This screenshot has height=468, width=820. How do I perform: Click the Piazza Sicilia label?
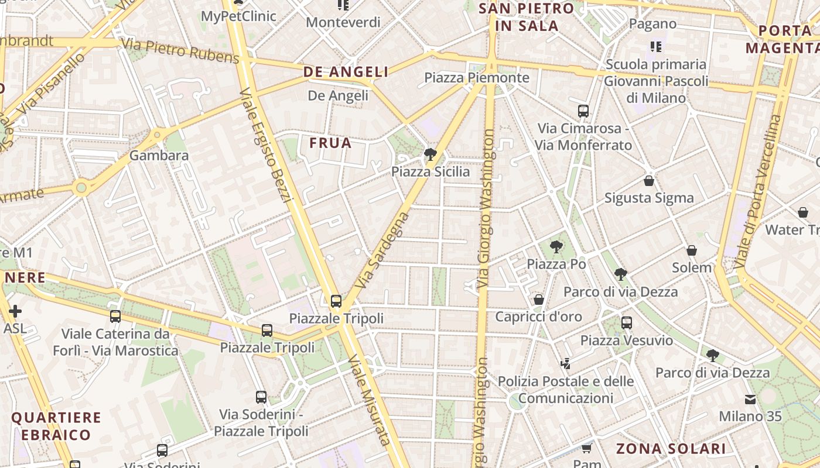point(430,172)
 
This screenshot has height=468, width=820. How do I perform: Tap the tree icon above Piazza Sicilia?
point(430,154)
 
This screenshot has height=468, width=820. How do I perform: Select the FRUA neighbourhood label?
point(330,143)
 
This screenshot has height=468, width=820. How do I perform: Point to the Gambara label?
point(159,156)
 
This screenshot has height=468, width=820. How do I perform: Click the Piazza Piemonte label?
point(476,78)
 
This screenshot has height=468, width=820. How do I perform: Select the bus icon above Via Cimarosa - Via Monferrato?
point(583,111)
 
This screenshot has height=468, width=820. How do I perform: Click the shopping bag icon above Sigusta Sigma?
point(648,181)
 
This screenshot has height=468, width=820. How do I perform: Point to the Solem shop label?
point(692,268)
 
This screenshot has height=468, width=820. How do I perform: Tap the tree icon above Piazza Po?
point(556,247)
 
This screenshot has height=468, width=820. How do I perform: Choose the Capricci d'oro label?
point(538,317)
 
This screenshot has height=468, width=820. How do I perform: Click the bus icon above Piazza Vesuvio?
point(627,322)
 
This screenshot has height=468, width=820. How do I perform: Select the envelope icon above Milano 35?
point(750,400)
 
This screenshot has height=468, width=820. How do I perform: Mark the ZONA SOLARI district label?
point(671,449)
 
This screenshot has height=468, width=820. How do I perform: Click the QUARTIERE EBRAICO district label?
point(56,426)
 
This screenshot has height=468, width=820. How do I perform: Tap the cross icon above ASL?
point(15,311)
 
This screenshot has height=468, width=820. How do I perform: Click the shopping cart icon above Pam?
point(586,448)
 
